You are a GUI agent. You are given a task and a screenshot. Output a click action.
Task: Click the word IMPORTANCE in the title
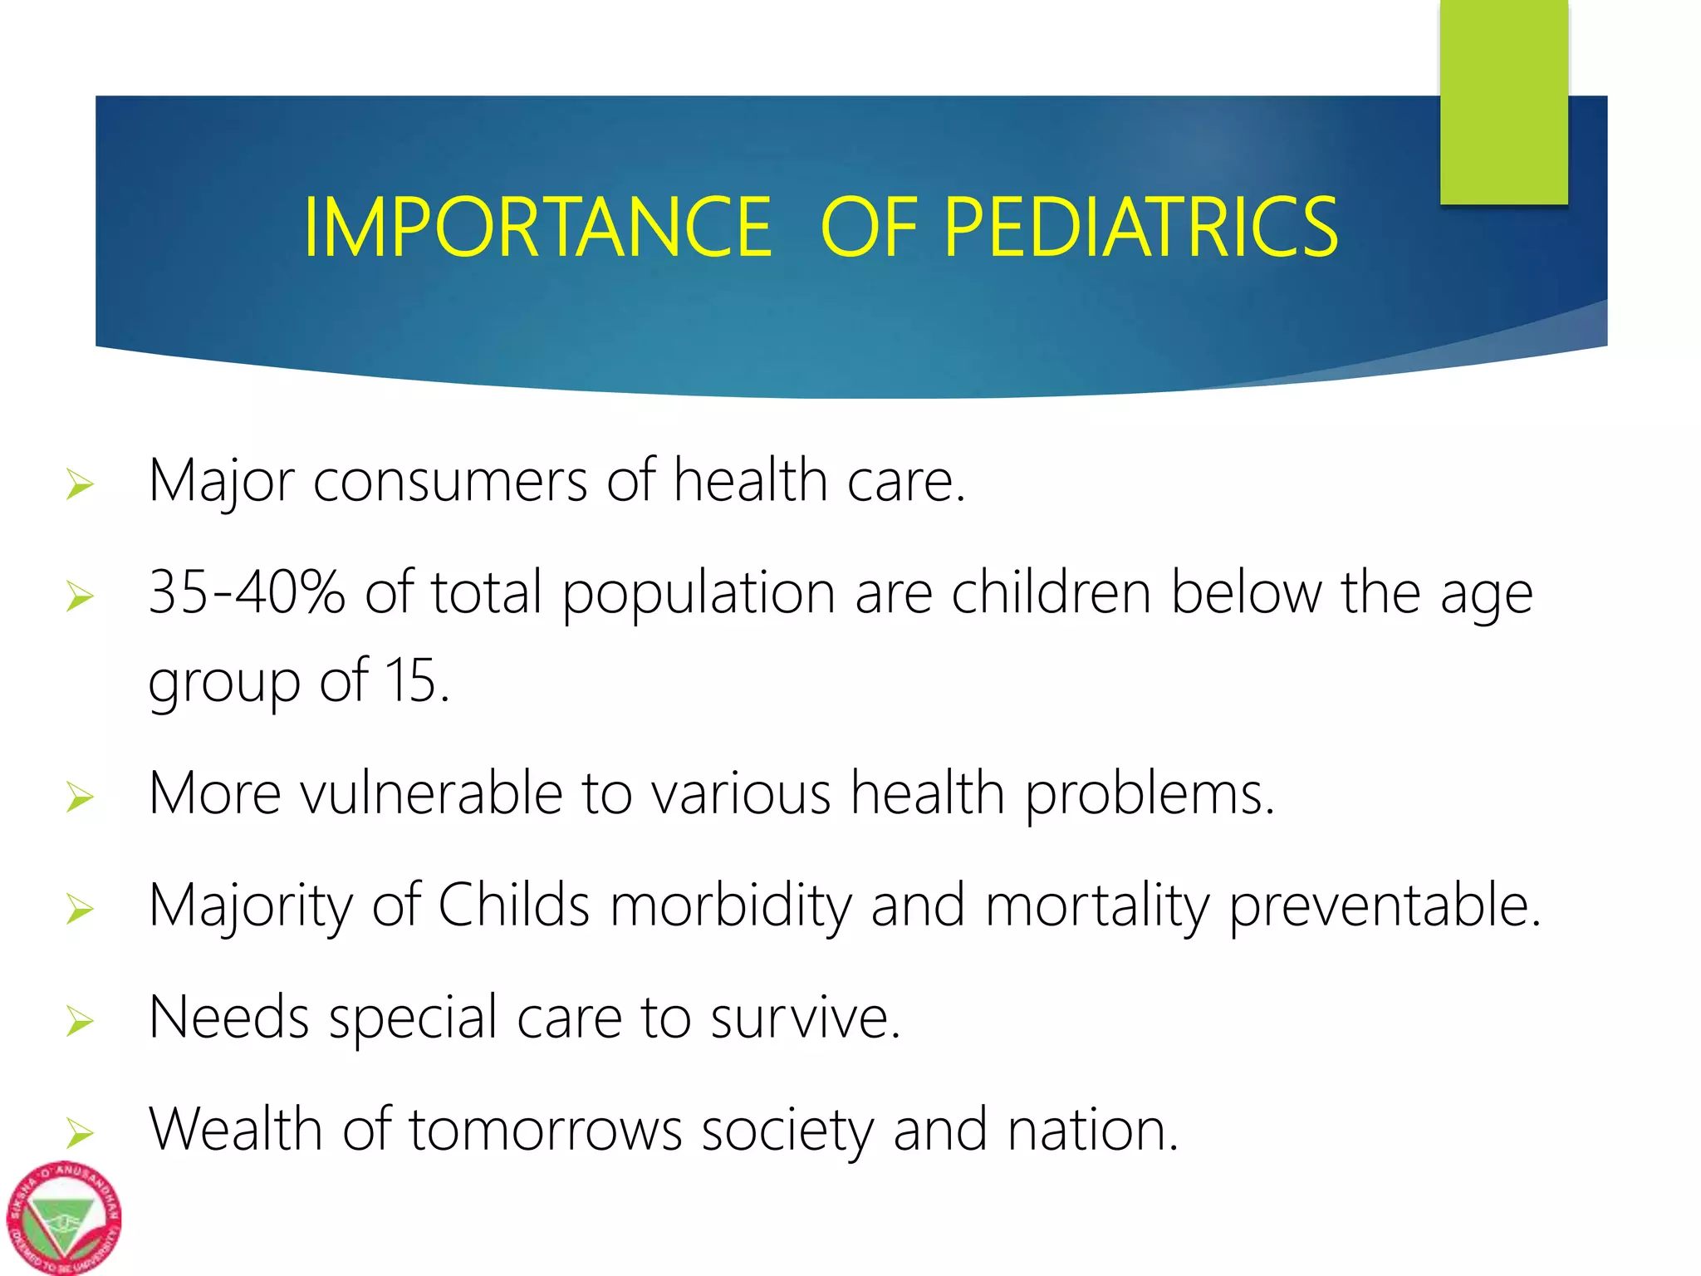(x=538, y=228)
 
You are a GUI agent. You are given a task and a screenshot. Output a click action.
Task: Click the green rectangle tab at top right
(x=1503, y=100)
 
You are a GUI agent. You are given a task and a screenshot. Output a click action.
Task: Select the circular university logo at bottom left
(x=64, y=1218)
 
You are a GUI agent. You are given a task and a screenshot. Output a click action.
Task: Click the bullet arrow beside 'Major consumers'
(x=80, y=484)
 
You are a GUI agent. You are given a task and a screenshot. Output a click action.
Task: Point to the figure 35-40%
(x=246, y=592)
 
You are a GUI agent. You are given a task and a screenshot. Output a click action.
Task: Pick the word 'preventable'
(x=1384, y=905)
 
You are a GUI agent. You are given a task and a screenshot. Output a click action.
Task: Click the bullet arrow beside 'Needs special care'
(x=80, y=1021)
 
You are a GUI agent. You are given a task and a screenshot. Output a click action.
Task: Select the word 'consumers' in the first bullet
(x=449, y=482)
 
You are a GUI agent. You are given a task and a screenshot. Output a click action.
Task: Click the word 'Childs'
(x=513, y=905)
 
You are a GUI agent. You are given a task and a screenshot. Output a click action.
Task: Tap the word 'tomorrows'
(x=546, y=1131)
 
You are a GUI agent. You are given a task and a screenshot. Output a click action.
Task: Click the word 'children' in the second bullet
(x=1051, y=592)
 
